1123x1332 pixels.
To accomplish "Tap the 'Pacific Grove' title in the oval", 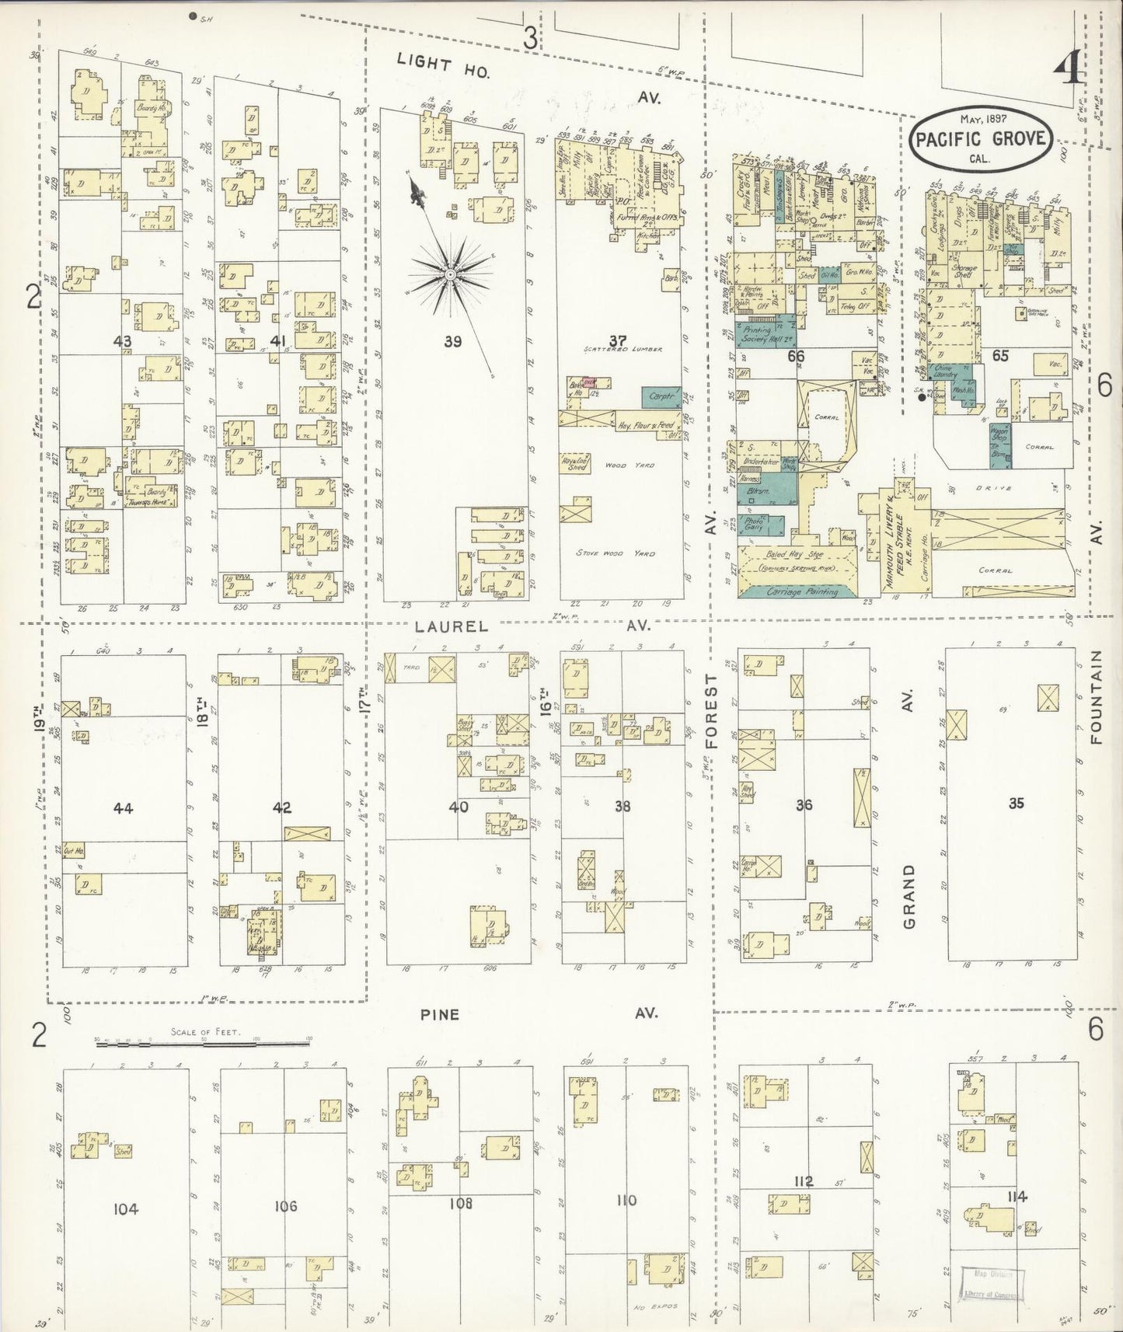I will [981, 141].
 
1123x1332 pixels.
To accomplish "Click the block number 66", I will [795, 357].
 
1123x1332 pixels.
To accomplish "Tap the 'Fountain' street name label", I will [1097, 697].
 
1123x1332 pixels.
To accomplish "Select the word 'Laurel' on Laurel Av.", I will [440, 626].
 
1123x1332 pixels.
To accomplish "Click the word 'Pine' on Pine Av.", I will [440, 1014].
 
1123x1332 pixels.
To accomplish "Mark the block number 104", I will [125, 1208].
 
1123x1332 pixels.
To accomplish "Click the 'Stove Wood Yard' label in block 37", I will [616, 553].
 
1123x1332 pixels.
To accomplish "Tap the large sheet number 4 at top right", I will [1069, 73].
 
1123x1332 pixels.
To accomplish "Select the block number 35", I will [1016, 804].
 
